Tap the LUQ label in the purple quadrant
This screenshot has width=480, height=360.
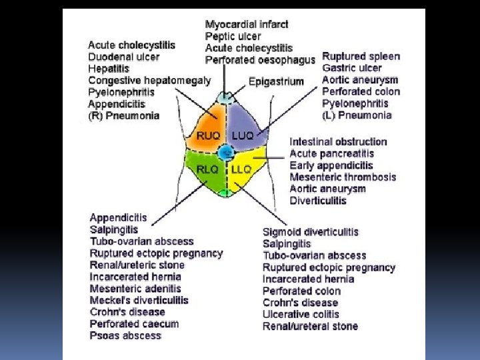point(243,135)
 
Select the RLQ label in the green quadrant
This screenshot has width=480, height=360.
point(207,169)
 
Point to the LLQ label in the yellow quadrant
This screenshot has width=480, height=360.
point(241,169)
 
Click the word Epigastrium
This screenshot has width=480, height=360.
point(276,81)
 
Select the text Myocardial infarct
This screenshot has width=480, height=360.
point(247,25)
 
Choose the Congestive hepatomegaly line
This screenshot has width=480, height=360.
point(149,80)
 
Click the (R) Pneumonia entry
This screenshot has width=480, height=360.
point(124,115)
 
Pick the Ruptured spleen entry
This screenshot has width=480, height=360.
point(361,56)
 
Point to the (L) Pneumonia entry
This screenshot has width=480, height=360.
point(357,115)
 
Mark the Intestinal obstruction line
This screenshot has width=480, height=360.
point(339,141)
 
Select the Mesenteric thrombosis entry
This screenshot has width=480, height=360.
point(343,177)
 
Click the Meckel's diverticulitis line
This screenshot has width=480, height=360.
point(139,300)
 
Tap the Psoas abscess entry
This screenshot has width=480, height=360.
point(125,335)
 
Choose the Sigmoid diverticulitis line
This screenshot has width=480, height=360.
point(311,232)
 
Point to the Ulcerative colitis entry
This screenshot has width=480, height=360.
point(301,314)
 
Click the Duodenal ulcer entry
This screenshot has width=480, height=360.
point(123,57)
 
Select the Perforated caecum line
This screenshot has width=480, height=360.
point(134,323)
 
